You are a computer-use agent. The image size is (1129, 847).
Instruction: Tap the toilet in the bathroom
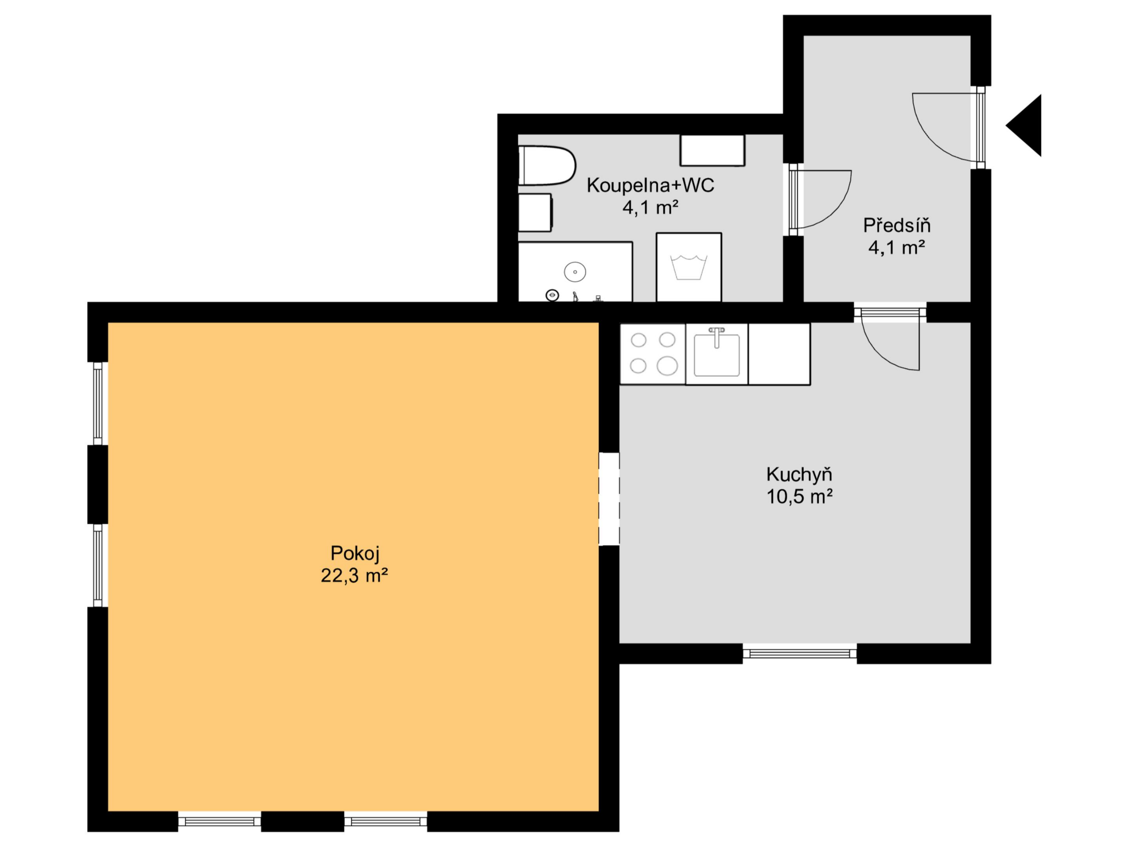pos(547,165)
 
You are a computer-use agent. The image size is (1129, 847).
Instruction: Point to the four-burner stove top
pos(653,353)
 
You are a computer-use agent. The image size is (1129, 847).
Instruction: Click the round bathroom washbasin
pos(575,272)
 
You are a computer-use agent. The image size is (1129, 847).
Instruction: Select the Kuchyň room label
pos(799,474)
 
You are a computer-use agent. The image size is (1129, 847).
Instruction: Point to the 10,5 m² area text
pos(799,496)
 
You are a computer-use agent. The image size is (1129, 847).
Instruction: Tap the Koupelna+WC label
pos(650,185)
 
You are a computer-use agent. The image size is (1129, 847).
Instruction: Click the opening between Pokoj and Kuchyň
pos(609,499)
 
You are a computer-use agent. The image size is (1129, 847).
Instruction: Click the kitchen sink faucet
pos(717,337)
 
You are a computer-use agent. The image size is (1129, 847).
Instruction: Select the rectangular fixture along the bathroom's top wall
pos(712,150)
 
